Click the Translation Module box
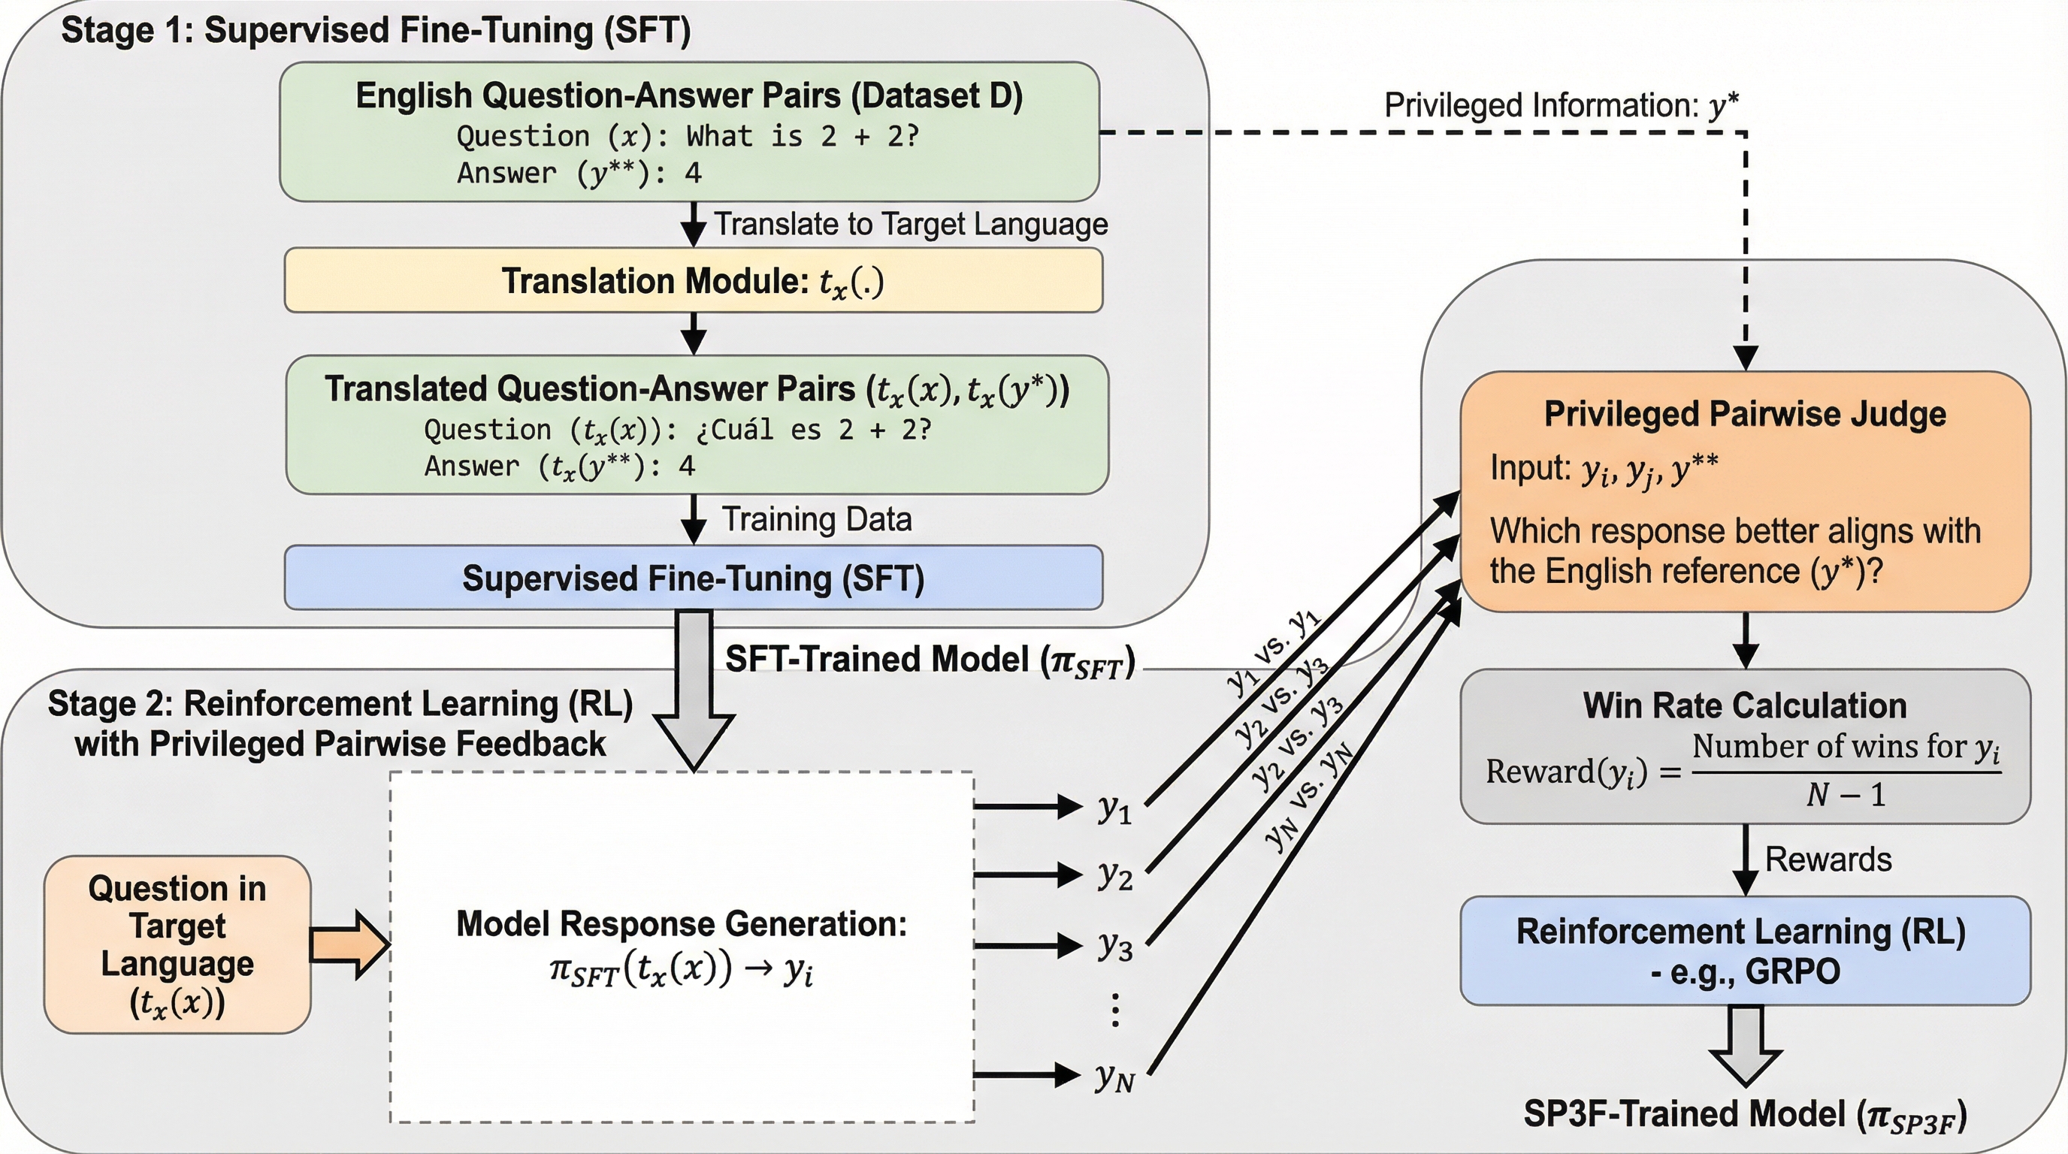(x=693, y=281)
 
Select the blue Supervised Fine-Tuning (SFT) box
(x=693, y=578)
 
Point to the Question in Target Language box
(x=177, y=944)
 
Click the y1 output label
(x=1114, y=808)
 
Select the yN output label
(x=1114, y=1077)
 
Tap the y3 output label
(x=1114, y=945)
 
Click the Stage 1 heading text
(x=376, y=31)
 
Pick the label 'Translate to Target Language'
(x=910, y=224)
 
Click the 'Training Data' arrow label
(x=816, y=519)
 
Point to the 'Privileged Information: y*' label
(x=1562, y=105)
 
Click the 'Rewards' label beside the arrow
(x=1828, y=859)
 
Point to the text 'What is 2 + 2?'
(x=802, y=137)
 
